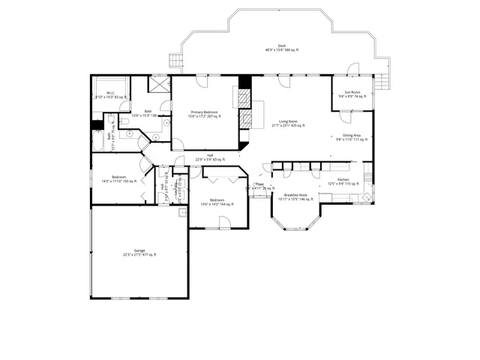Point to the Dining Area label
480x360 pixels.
[352, 137]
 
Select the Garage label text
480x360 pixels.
[139, 252]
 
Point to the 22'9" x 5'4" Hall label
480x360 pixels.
[210, 158]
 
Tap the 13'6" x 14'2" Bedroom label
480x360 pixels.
[217, 202]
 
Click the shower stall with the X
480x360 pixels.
[159, 84]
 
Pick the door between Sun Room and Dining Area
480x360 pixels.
[346, 112]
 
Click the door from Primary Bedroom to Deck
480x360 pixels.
[199, 78]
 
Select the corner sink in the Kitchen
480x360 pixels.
[367, 197]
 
